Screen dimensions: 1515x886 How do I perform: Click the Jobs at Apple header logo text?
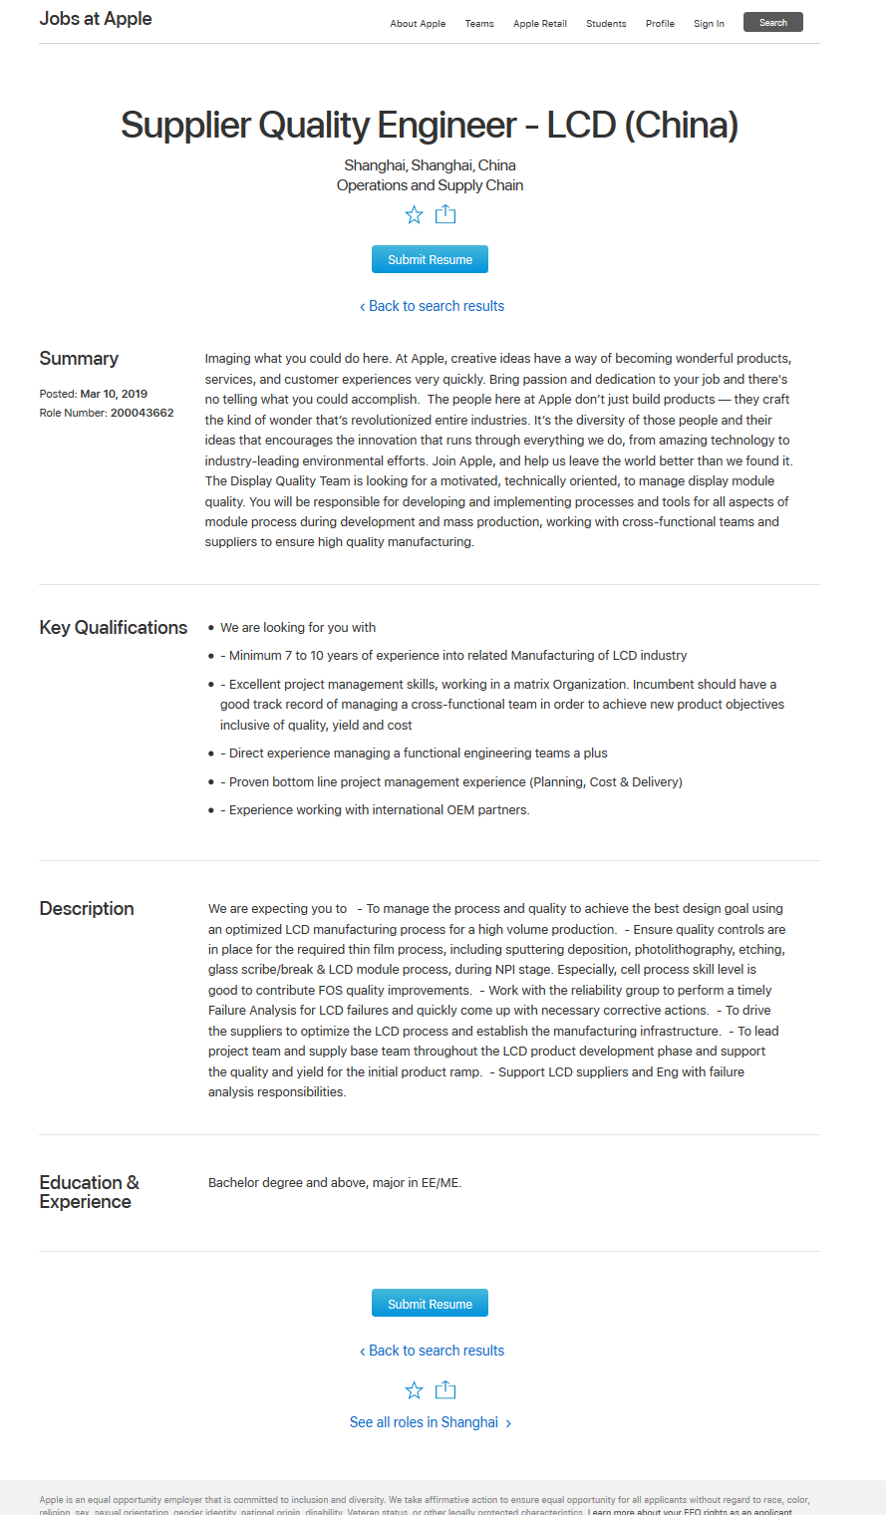[x=96, y=19]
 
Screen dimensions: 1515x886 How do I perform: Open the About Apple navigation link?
[x=418, y=24]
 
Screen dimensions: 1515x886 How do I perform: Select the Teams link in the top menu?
[x=479, y=24]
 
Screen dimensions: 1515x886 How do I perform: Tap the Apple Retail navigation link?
[x=540, y=24]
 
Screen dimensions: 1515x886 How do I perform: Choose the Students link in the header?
[x=606, y=24]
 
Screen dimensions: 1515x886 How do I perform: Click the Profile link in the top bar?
[x=660, y=24]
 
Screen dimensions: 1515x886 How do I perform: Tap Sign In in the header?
[x=709, y=24]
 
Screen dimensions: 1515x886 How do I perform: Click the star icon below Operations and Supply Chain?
[x=415, y=214]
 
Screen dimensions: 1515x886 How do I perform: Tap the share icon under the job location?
[x=445, y=214]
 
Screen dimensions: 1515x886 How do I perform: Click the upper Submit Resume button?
[x=430, y=259]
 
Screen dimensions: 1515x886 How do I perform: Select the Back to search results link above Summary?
[x=432, y=306]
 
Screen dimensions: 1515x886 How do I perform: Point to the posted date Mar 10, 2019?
[x=114, y=394]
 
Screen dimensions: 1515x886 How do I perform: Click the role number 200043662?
[x=142, y=413]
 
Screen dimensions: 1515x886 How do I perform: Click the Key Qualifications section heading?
[x=114, y=627]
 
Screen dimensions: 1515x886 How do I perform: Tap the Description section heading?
[x=87, y=908]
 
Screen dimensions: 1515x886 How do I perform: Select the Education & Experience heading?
[x=89, y=1192]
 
